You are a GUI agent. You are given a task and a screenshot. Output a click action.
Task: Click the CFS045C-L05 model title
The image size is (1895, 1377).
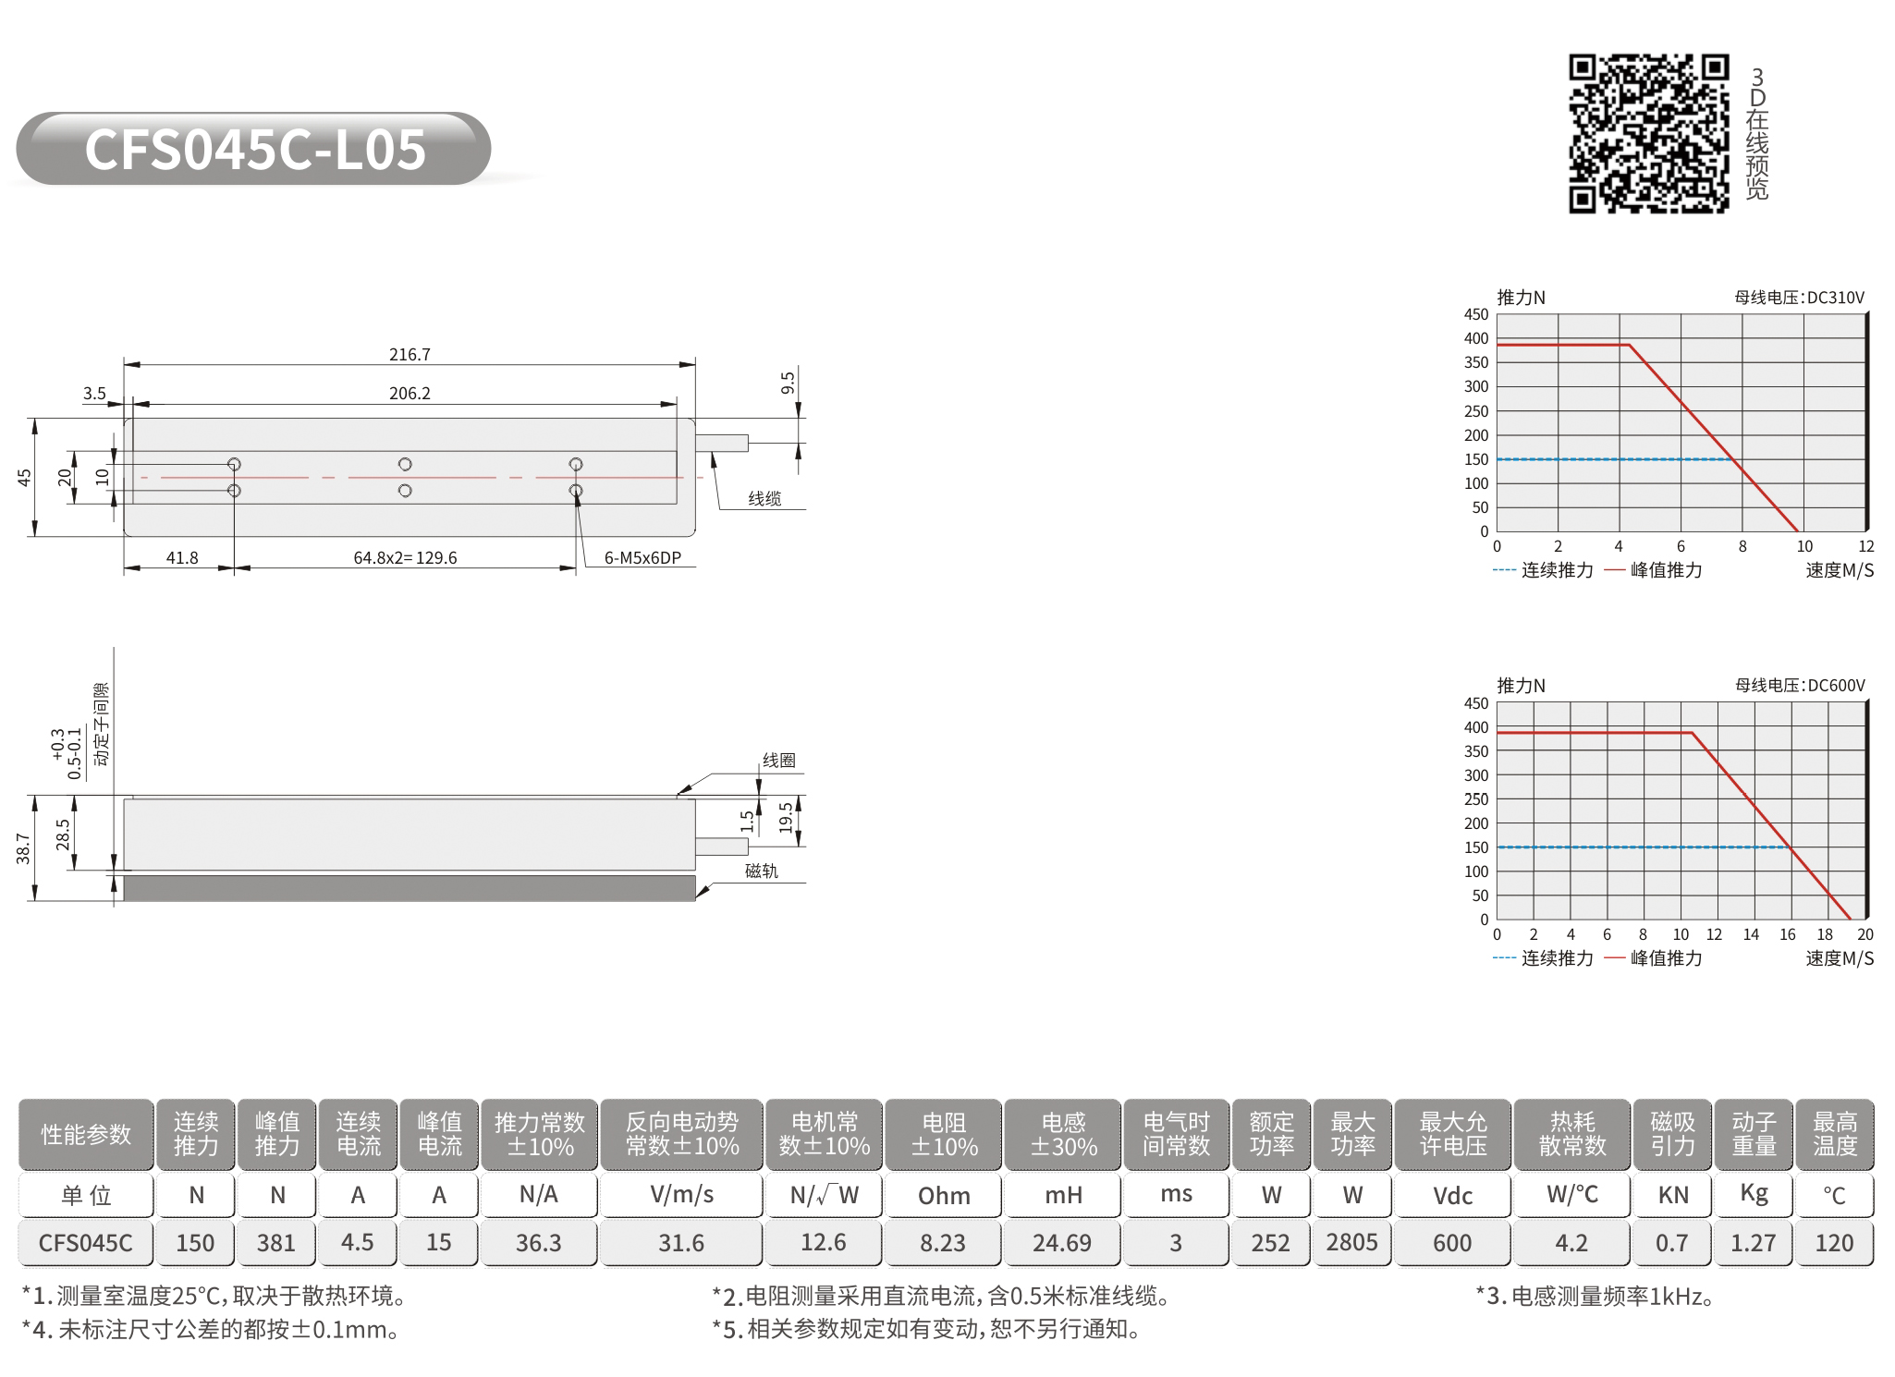click(x=255, y=150)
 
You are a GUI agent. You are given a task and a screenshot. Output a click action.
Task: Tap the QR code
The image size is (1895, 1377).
click(x=1648, y=133)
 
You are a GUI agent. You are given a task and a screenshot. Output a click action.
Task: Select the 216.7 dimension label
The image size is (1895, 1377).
click(x=410, y=355)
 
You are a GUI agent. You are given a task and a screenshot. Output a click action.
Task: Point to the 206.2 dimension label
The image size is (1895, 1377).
click(x=410, y=394)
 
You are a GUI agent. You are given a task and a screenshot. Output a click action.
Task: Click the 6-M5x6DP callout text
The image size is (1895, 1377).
click(x=642, y=558)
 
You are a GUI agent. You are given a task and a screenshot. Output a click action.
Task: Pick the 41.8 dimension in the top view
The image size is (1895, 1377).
click(x=182, y=558)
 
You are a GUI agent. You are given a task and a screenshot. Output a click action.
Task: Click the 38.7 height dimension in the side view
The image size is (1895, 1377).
click(x=24, y=848)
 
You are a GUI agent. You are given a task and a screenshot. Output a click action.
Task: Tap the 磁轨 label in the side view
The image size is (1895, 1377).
click(x=762, y=871)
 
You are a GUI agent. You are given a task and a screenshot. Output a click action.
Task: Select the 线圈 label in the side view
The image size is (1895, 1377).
click(x=778, y=761)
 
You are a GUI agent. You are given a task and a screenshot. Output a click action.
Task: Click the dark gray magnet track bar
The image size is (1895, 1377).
click(x=410, y=888)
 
